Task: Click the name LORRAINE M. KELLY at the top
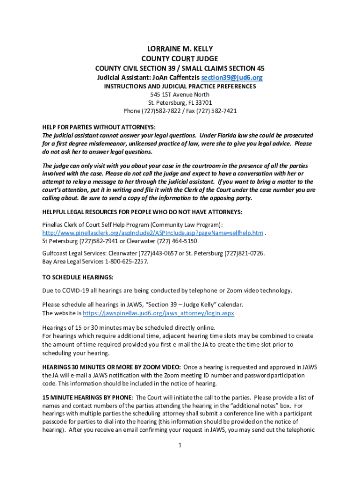click(x=180, y=49)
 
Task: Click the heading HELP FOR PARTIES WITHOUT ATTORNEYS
click(x=99, y=127)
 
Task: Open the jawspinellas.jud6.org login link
click(x=158, y=313)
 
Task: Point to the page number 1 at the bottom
click(x=180, y=445)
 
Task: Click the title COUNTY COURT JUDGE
click(x=180, y=58)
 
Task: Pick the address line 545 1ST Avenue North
click(x=180, y=94)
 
